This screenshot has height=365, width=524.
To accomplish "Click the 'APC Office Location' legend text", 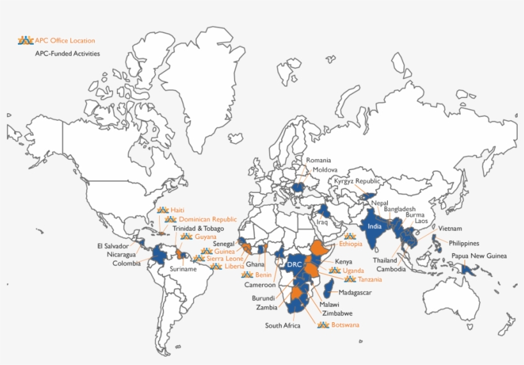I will click(x=65, y=41).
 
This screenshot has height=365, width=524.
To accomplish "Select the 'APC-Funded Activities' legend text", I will click(x=67, y=54).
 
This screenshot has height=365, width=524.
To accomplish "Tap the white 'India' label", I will click(x=375, y=226).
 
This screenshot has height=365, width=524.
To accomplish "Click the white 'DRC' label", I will click(x=294, y=264).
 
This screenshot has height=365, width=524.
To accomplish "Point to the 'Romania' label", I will click(x=318, y=160).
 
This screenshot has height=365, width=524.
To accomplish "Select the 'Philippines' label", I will click(x=463, y=243).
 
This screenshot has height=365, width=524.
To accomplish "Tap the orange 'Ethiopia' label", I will click(x=351, y=244).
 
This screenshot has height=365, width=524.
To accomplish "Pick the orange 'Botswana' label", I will click(x=346, y=325).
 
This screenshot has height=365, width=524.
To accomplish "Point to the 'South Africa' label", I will click(x=282, y=325).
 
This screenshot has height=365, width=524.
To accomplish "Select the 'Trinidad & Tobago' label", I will click(x=198, y=228).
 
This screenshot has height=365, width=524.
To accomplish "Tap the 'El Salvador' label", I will click(x=113, y=245).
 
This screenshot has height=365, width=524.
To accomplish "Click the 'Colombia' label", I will click(x=127, y=263).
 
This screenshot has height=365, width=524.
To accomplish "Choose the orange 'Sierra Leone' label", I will click(x=225, y=259).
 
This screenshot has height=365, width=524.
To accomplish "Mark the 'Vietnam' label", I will click(x=450, y=229).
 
